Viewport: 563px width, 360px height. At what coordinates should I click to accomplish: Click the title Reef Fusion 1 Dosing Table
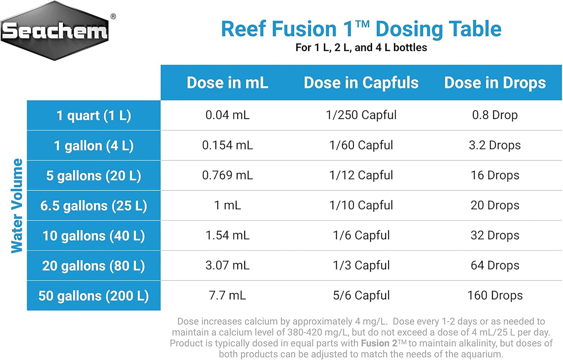(x=361, y=29)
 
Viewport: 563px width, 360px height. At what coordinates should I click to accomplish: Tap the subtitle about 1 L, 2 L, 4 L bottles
(x=361, y=48)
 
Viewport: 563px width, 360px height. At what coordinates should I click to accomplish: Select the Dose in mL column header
(x=227, y=83)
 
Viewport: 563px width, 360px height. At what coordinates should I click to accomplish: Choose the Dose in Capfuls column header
(x=361, y=83)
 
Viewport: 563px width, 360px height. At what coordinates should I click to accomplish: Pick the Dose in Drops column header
(x=495, y=83)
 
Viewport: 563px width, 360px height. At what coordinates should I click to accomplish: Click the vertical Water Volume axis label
(x=17, y=205)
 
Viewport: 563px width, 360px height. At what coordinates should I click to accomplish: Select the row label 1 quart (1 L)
(x=94, y=115)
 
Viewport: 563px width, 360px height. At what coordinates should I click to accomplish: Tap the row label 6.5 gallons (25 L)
(x=94, y=205)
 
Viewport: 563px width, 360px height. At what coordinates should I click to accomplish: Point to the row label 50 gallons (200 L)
(x=94, y=295)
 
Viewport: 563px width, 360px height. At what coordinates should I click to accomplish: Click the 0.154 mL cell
(x=227, y=145)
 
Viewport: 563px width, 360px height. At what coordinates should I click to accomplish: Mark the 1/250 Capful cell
(x=361, y=115)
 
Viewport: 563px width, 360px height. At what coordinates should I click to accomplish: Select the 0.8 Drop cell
(x=495, y=115)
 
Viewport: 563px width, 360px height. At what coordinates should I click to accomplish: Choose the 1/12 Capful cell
(x=361, y=175)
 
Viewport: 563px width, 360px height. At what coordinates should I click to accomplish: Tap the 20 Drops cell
(x=495, y=205)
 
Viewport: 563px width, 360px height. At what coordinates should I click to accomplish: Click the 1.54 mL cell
(x=227, y=235)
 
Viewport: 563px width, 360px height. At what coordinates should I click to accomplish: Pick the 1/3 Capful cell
(x=361, y=265)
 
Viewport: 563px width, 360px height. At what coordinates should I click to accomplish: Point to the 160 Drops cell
(x=495, y=295)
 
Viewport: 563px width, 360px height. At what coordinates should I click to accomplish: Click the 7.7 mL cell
(x=227, y=295)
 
